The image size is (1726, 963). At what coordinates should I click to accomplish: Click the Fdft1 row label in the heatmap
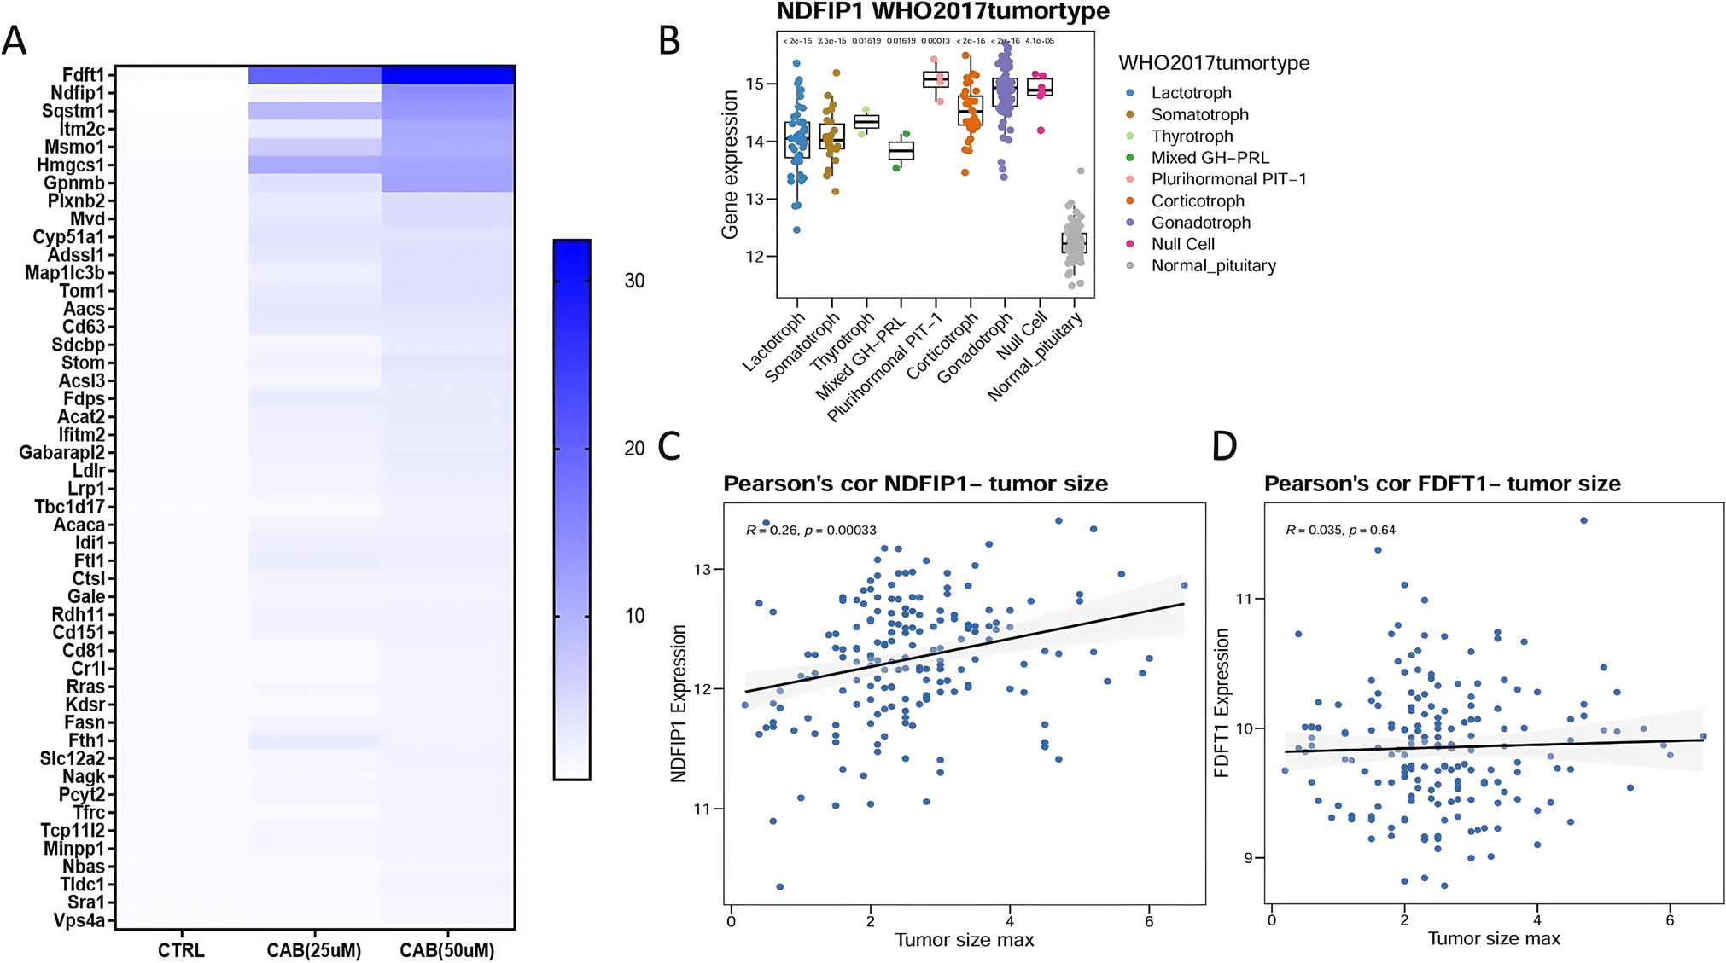click(83, 75)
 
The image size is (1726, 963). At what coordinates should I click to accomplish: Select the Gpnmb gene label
click(74, 183)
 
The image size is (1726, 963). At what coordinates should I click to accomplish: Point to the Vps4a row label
click(79, 921)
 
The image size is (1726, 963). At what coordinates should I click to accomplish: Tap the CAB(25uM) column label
click(314, 950)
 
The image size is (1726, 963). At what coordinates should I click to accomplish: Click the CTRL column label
click(181, 950)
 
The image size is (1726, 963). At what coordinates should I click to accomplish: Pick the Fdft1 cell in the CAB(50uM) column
click(447, 75)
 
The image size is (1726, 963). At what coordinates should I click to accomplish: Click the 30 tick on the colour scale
click(634, 281)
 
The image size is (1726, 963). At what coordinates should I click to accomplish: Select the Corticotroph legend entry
click(1197, 201)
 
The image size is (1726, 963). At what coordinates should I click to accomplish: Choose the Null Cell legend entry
click(1182, 244)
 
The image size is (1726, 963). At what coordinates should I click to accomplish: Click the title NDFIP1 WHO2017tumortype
click(942, 12)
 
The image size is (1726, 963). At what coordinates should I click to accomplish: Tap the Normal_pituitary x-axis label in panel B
click(1036, 357)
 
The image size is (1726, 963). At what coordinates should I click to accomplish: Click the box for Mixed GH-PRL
click(901, 151)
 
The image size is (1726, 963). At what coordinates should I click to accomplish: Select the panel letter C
click(669, 446)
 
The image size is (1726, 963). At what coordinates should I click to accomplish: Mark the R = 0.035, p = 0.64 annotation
click(1340, 531)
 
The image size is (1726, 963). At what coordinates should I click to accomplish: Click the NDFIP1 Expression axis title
click(679, 704)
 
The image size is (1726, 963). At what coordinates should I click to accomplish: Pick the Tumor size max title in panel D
click(1494, 939)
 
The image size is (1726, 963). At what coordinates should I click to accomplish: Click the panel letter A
click(15, 40)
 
